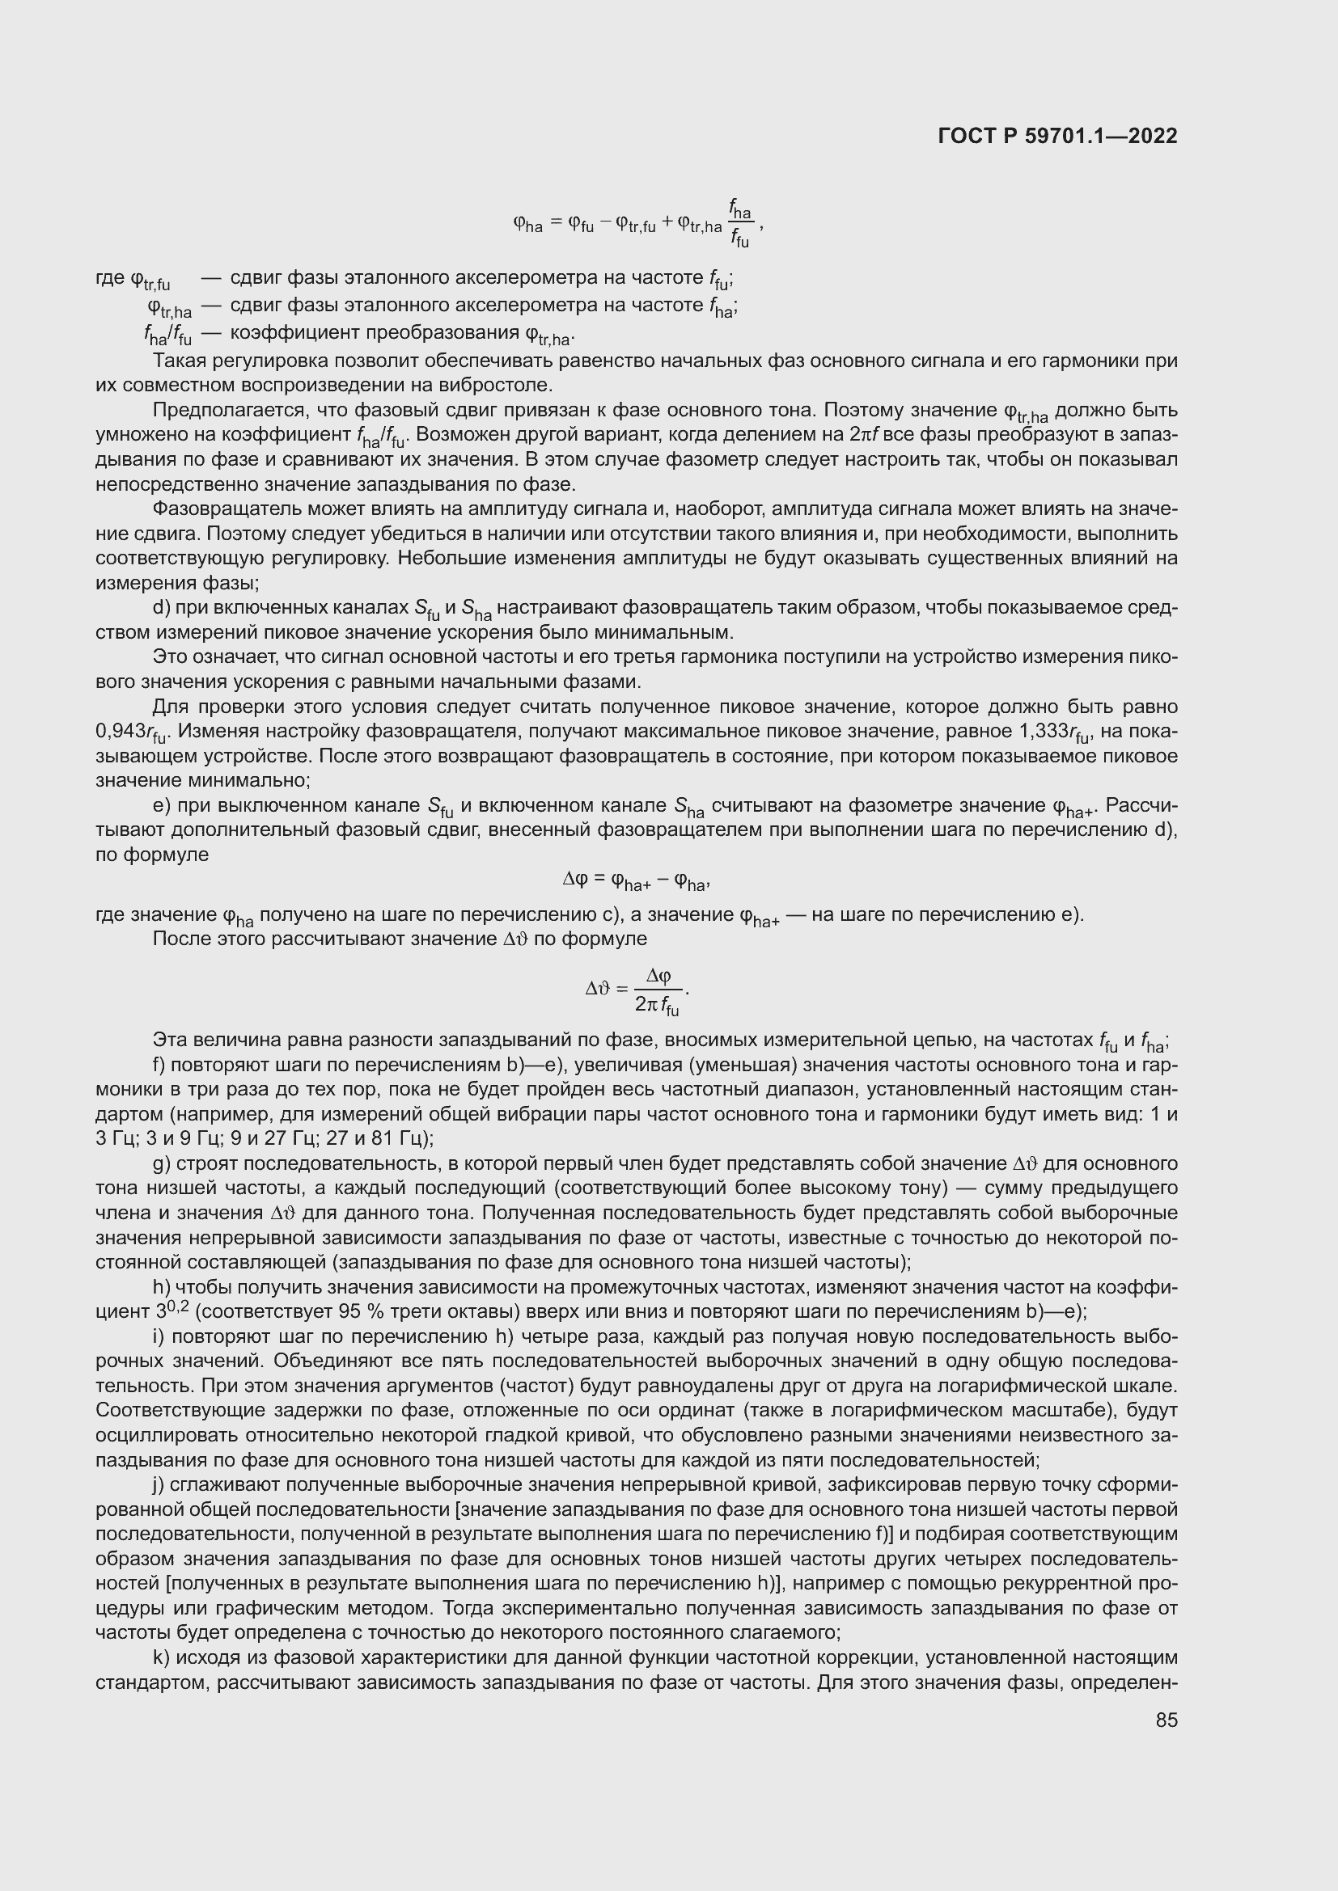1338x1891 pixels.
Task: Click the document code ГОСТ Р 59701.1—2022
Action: [1057, 136]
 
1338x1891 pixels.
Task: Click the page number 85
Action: [1166, 1720]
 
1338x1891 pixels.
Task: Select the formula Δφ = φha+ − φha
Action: [636, 881]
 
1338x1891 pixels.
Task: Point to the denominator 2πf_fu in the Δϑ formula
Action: [658, 1006]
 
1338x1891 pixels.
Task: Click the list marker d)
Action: [162, 608]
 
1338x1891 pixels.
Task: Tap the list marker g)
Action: [162, 1163]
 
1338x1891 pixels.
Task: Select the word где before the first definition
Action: [111, 278]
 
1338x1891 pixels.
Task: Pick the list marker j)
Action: [159, 1484]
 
